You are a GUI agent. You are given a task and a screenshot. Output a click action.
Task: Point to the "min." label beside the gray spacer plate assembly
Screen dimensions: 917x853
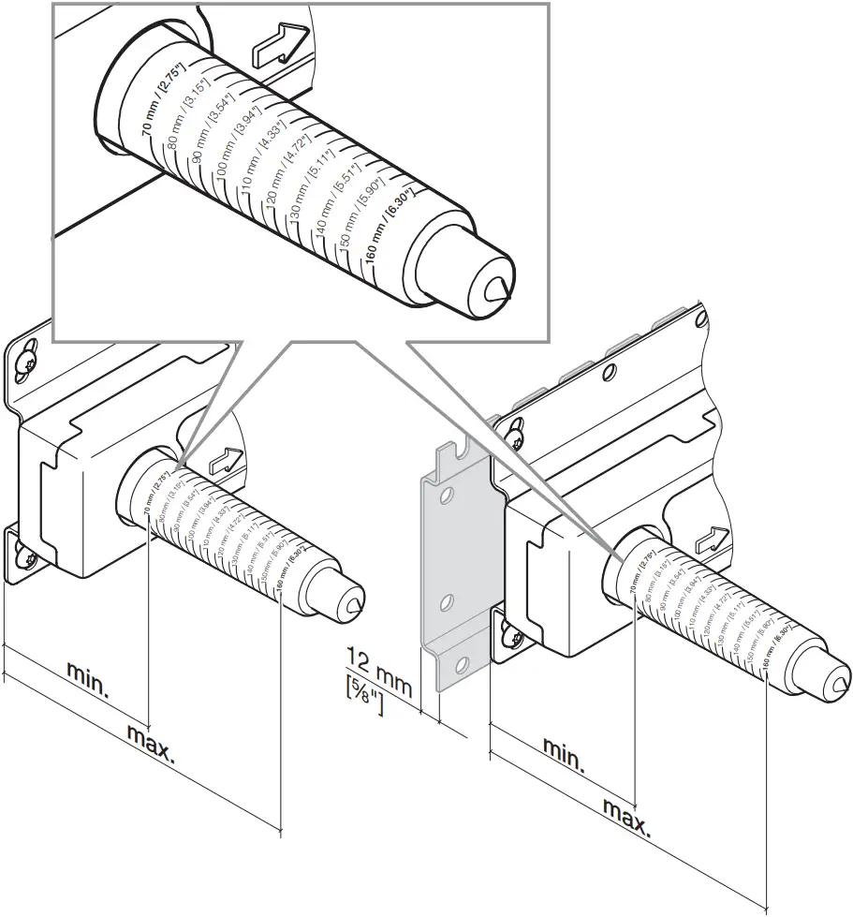tap(565, 755)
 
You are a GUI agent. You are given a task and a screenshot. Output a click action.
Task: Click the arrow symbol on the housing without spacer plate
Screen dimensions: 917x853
tap(225, 459)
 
